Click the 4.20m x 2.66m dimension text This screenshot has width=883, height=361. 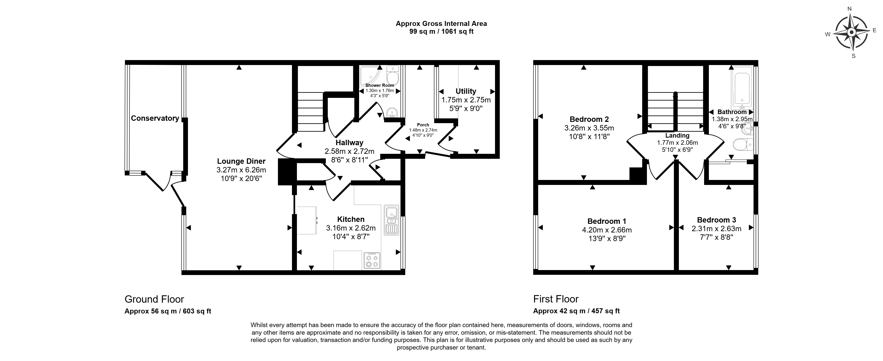tap(607, 230)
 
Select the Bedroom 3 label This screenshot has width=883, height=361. tap(716, 220)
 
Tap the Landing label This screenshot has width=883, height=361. tap(677, 135)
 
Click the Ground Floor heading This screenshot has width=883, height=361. tap(154, 299)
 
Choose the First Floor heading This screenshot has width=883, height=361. tap(556, 299)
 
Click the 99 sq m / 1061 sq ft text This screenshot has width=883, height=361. tap(441, 32)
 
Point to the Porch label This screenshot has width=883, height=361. tap(423, 125)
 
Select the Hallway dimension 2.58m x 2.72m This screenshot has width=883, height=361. tap(349, 151)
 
